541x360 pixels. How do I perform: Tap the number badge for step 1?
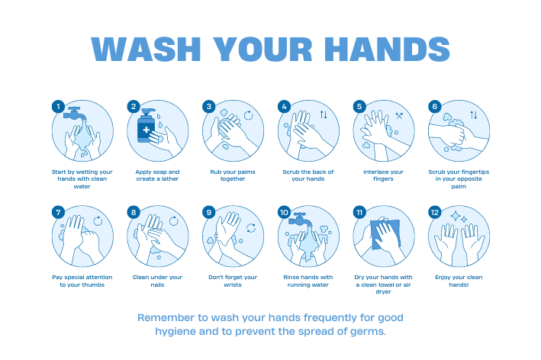58,106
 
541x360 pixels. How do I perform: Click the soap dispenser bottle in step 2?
147,126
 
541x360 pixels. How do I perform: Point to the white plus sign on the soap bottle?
147,130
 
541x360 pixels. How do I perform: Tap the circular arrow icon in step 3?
248,115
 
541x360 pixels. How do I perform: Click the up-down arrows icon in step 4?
324,114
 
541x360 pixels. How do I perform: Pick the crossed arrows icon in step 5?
399,116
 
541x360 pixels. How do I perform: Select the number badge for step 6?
435,106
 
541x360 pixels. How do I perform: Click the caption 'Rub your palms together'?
233,175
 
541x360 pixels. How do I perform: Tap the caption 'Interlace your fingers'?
383,175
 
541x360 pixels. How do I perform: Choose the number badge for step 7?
58,212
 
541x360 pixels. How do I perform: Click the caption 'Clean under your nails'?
157,281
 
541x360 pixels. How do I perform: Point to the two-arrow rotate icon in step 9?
251,227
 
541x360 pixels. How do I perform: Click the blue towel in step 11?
386,234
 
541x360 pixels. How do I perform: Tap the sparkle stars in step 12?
459,217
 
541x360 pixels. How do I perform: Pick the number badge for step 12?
435,212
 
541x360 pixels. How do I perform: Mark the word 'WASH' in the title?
146,49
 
